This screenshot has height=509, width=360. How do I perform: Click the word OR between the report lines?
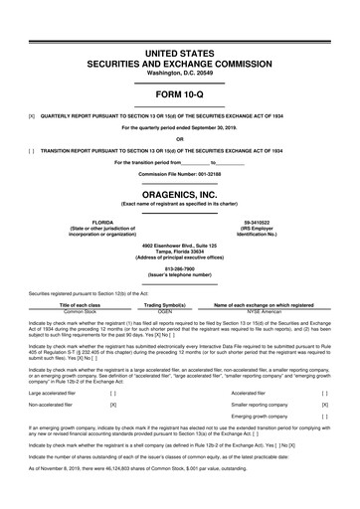point(180,138)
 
